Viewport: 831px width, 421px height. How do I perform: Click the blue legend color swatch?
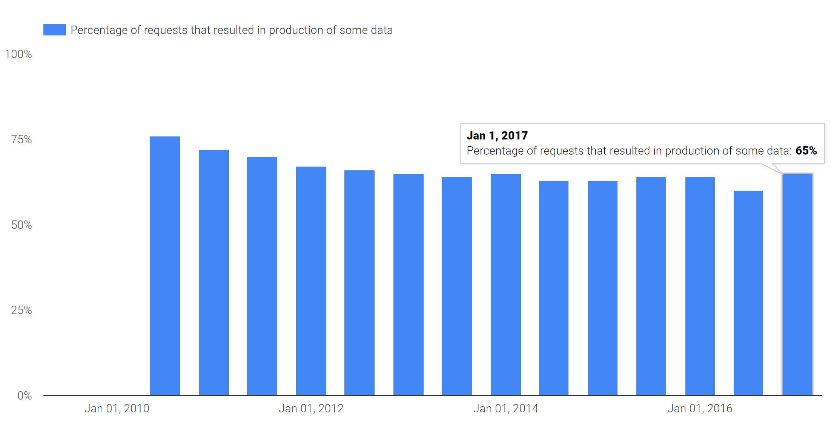(55, 30)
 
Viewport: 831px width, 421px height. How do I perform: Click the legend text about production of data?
(231, 30)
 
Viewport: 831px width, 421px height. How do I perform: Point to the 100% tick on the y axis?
(18, 54)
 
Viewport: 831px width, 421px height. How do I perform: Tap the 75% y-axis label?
(21, 139)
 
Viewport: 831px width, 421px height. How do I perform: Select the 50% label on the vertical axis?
(21, 225)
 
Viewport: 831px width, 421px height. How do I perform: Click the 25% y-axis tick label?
(21, 310)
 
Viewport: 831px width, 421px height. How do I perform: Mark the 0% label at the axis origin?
(25, 396)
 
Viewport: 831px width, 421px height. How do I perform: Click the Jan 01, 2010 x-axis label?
(117, 409)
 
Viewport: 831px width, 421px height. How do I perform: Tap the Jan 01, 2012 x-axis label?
(311, 409)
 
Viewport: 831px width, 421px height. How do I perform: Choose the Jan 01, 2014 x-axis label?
(505, 409)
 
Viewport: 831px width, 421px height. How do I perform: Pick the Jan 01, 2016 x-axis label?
(700, 409)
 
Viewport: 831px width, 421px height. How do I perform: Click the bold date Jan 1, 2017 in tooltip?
(497, 136)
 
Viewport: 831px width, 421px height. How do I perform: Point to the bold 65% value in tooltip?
(806, 151)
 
